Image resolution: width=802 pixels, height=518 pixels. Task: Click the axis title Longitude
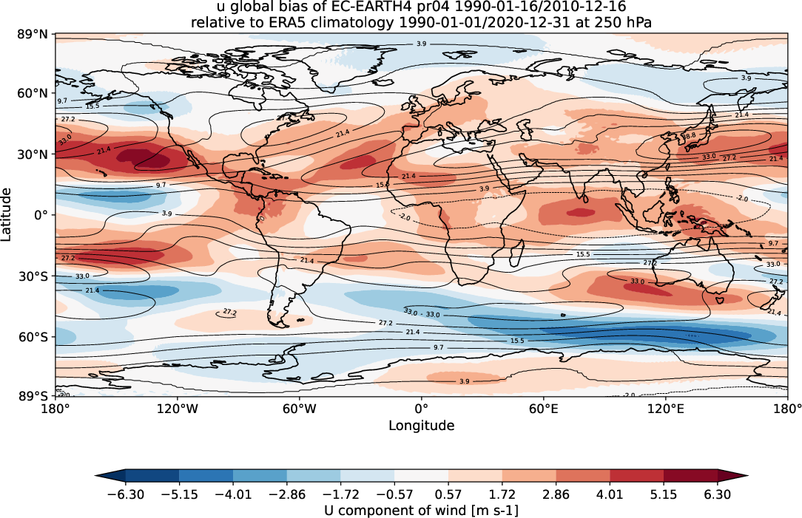[421, 426]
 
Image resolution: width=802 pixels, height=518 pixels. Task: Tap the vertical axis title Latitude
[7, 214]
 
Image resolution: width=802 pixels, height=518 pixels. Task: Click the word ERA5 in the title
[284, 23]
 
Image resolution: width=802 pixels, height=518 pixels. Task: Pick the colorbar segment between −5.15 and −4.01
[206, 477]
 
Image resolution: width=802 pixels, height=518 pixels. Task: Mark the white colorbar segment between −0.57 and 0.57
[421, 477]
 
